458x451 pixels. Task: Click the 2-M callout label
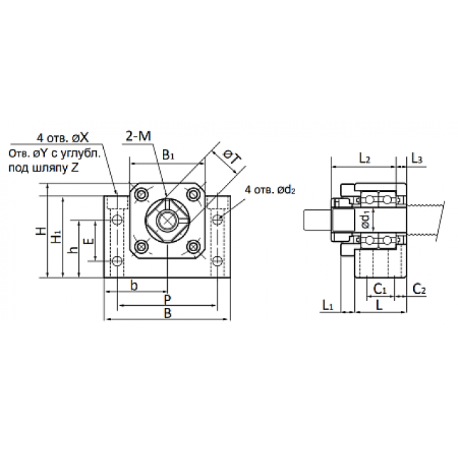coord(139,136)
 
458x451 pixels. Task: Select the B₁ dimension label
coord(169,155)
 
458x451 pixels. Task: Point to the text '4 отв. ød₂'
coord(270,190)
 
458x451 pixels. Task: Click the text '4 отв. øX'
coord(63,137)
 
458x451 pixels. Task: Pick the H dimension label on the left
coord(41,230)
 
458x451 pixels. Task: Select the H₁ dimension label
coord(56,236)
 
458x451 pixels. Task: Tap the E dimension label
coord(89,241)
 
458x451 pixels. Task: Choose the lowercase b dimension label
coord(134,285)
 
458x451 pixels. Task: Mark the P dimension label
coord(167,299)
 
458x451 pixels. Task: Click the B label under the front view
coord(167,313)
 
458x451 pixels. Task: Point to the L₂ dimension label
coord(364,159)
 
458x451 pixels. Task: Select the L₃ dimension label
coord(417,159)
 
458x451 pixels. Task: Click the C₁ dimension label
coord(380,290)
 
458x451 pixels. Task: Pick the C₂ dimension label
coord(419,290)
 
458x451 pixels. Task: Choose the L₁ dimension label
coord(327,306)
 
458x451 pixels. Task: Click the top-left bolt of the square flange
coord(142,193)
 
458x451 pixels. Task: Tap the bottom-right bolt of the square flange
coord(193,247)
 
